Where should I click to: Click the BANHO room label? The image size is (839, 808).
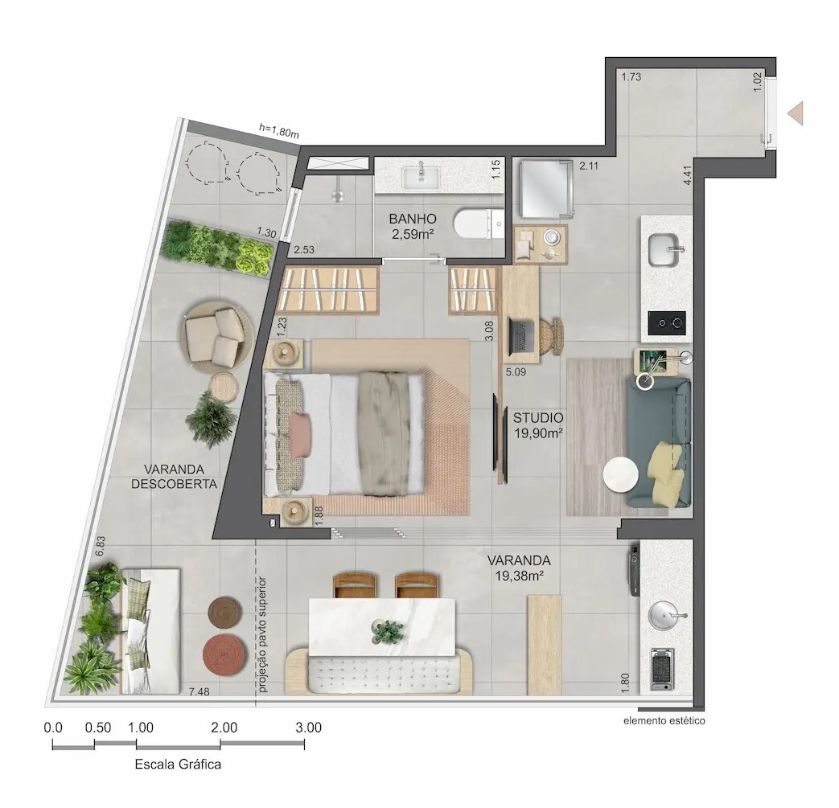(x=413, y=219)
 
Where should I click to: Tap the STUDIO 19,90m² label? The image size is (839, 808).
(x=538, y=425)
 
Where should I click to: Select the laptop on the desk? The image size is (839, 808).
(x=522, y=334)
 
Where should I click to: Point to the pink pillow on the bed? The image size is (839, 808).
(x=299, y=434)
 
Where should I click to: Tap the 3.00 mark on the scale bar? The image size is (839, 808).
(x=308, y=728)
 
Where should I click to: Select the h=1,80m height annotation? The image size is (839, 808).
(x=278, y=130)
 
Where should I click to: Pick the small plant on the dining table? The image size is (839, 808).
(x=389, y=632)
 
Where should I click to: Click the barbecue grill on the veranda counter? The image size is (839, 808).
(x=662, y=669)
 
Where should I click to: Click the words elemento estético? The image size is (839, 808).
(x=664, y=720)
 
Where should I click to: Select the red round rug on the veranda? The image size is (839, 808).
(x=224, y=654)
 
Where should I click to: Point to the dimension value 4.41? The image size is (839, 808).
(x=687, y=175)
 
